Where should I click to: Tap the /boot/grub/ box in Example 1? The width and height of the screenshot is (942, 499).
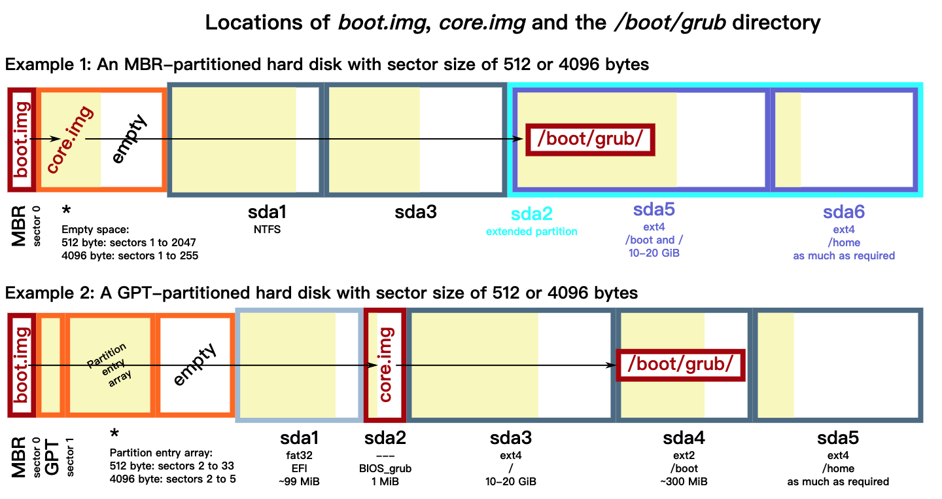pos(590,139)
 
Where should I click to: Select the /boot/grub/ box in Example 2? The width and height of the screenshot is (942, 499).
pos(680,363)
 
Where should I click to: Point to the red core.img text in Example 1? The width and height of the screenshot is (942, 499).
pos(69,139)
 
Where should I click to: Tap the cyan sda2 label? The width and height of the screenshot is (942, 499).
pos(531,215)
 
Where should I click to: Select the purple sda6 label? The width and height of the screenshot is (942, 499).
pos(844,212)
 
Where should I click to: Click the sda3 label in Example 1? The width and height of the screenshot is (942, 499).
pos(415,213)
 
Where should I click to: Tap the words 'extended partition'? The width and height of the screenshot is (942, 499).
pos(531,231)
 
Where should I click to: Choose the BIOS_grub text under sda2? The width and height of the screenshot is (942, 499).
pos(385,469)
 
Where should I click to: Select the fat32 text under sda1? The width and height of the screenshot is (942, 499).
pos(299,455)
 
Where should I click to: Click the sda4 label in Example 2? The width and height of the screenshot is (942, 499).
pos(684,438)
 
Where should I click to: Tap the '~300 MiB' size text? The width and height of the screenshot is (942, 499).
pos(684,482)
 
